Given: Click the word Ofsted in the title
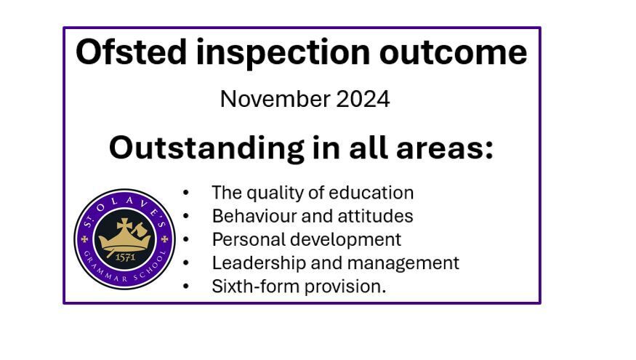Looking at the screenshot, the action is click(x=131, y=52).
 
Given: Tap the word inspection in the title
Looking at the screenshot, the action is click(x=283, y=53).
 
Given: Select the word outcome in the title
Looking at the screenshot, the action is click(x=453, y=53).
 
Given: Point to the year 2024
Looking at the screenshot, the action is click(x=363, y=99).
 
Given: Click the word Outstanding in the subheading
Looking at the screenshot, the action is click(x=206, y=149).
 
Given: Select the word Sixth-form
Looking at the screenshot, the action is click(x=256, y=287).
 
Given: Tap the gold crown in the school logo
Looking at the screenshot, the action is click(x=124, y=236).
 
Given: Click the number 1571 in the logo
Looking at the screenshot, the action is click(x=125, y=257).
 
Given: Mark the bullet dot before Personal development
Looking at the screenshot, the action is click(x=186, y=240).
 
